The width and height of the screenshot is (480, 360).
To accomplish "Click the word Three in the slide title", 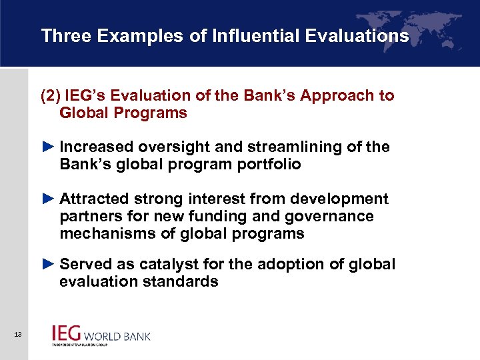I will click(65, 36).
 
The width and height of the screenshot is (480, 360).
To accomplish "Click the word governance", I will click(333, 217).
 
